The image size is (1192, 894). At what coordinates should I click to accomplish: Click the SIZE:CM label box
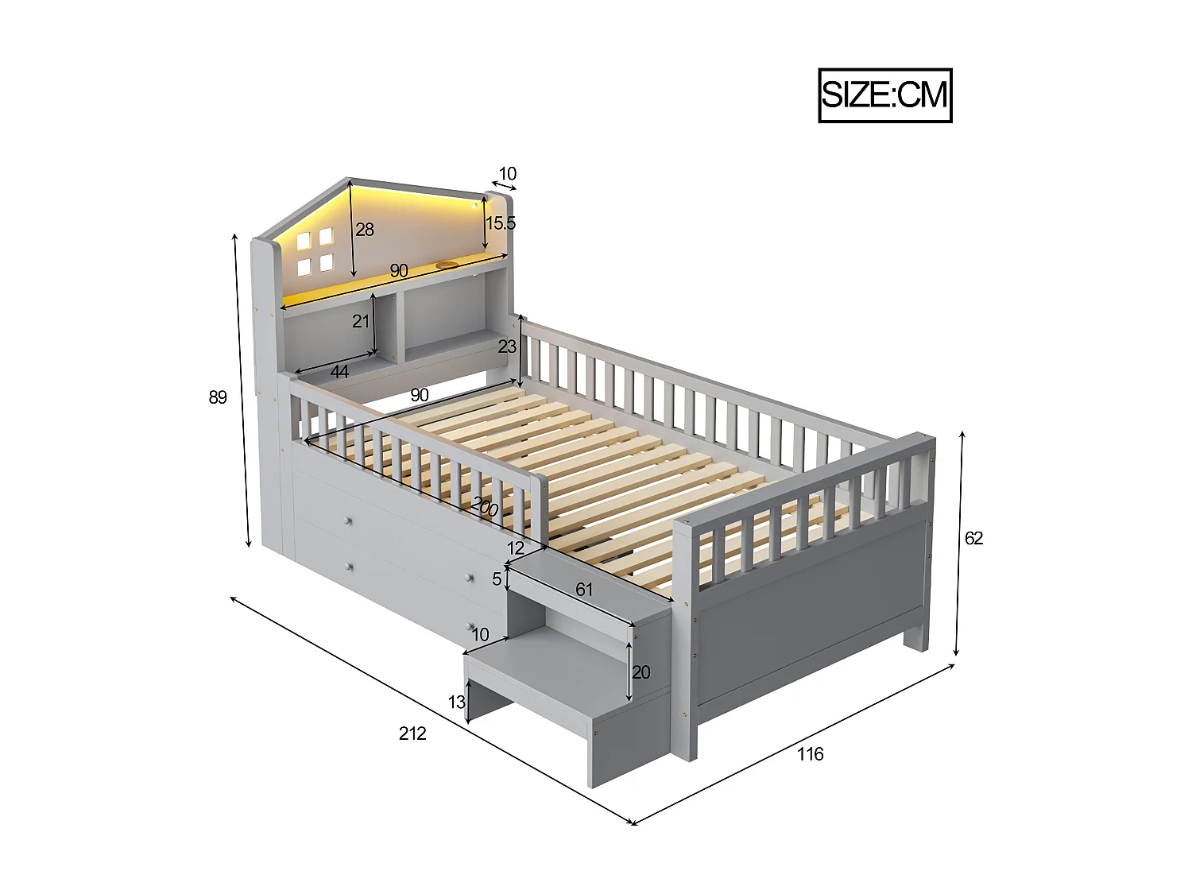point(884,95)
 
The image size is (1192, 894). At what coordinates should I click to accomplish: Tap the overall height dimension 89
point(218,397)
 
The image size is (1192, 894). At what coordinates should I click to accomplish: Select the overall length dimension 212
point(412,733)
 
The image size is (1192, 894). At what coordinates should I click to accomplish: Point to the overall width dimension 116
point(810,754)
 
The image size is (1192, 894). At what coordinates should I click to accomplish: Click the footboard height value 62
point(973,538)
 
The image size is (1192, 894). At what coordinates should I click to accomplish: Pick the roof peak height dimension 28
point(365,230)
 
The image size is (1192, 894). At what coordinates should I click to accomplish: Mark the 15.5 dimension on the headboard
point(501,223)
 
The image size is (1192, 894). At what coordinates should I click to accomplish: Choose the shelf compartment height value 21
point(362,321)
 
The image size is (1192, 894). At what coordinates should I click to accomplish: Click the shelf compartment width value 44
point(339,371)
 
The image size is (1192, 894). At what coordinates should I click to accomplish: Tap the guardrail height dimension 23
point(507,346)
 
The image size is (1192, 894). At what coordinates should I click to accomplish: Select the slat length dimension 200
point(485,506)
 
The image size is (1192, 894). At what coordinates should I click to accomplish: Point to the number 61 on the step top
point(583,589)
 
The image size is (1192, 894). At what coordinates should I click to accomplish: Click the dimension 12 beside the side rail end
point(516,548)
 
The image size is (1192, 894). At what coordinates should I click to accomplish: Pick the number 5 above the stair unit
point(497,579)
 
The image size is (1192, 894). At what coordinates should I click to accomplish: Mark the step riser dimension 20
point(641,672)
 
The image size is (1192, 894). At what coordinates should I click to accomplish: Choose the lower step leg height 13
point(456,702)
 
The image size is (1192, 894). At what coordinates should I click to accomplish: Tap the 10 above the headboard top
point(507,173)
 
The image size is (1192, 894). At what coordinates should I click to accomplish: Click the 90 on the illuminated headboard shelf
point(398,271)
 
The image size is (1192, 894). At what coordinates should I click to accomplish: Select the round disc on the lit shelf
point(446,265)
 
